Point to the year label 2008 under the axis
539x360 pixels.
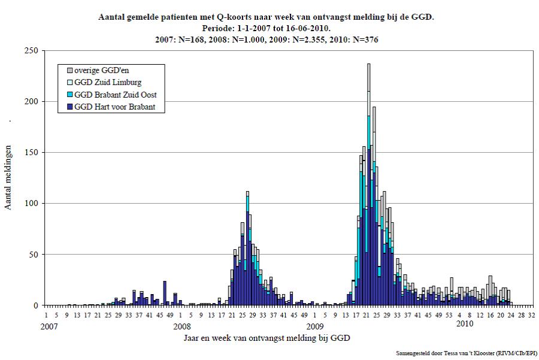(x=182, y=326)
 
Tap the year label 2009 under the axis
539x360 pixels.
(x=315, y=326)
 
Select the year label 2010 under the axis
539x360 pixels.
(x=464, y=324)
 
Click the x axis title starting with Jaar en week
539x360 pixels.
(x=267, y=338)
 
